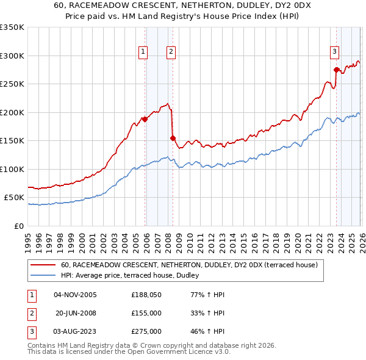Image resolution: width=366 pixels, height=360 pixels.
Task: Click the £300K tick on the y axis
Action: tap(13, 56)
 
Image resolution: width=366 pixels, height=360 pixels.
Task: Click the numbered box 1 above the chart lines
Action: tap(143, 52)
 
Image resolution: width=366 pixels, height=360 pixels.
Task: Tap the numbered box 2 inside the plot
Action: tap(171, 52)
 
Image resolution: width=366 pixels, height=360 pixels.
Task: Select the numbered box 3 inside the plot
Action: tap(335, 52)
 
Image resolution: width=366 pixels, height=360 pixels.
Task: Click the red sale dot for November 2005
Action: tap(145, 119)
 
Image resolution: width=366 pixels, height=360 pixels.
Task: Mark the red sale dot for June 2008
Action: tap(173, 138)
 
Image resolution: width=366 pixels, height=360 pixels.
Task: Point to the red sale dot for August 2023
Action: tap(336, 70)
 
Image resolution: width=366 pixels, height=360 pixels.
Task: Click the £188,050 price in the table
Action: tap(146, 295)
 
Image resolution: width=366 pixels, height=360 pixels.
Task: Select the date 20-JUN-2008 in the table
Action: tap(76, 313)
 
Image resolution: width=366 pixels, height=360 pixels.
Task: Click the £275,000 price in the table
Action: tap(146, 331)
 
